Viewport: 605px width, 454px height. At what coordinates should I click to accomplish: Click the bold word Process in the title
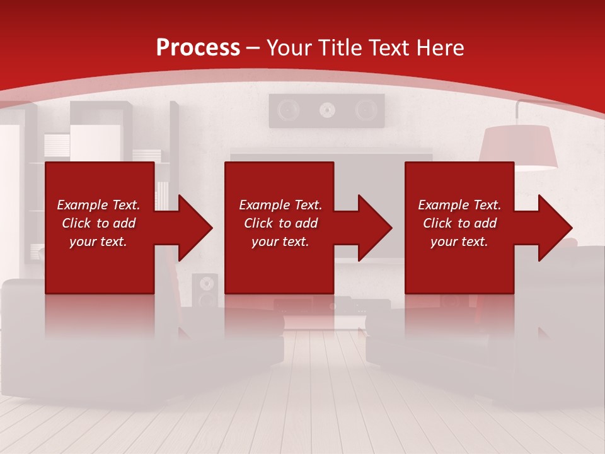coord(198,47)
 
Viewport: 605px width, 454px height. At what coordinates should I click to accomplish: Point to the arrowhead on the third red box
coord(551,228)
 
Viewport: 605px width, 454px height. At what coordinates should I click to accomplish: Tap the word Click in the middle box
coord(258,223)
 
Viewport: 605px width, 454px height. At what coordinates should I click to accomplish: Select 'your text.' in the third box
coord(459,242)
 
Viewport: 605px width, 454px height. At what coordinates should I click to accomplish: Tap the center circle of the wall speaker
coord(326,110)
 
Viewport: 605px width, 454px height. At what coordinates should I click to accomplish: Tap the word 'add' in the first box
coord(124,223)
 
